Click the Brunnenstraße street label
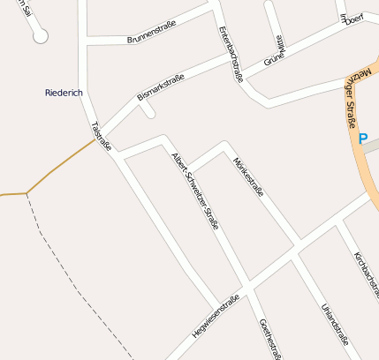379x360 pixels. (x=152, y=32)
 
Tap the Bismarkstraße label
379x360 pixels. (x=160, y=88)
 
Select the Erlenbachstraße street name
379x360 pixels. (x=229, y=54)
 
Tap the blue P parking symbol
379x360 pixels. (x=362, y=139)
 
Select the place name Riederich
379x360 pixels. (x=64, y=93)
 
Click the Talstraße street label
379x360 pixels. (x=101, y=136)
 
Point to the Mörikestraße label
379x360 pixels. (x=248, y=176)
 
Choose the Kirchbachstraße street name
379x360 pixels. (x=365, y=273)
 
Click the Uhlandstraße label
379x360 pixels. (x=336, y=326)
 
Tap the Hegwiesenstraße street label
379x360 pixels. (x=216, y=316)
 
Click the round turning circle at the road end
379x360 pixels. (x=41, y=37)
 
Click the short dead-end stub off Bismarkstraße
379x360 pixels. (x=148, y=109)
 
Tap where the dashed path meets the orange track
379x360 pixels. (x=27, y=192)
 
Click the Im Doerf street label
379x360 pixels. (x=351, y=17)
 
